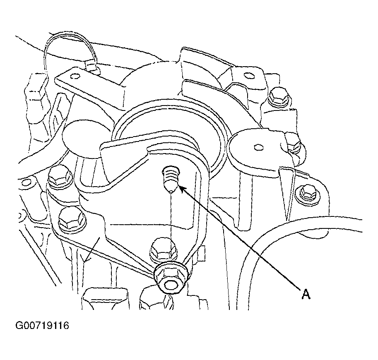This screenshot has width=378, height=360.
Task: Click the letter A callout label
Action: point(306,294)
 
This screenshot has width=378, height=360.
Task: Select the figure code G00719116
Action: point(42,326)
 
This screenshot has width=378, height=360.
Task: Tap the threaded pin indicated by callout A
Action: point(170,176)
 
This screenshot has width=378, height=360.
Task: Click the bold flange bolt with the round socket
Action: point(171,279)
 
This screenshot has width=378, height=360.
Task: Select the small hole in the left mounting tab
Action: point(75,76)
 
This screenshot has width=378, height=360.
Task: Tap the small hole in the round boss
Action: point(258,147)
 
